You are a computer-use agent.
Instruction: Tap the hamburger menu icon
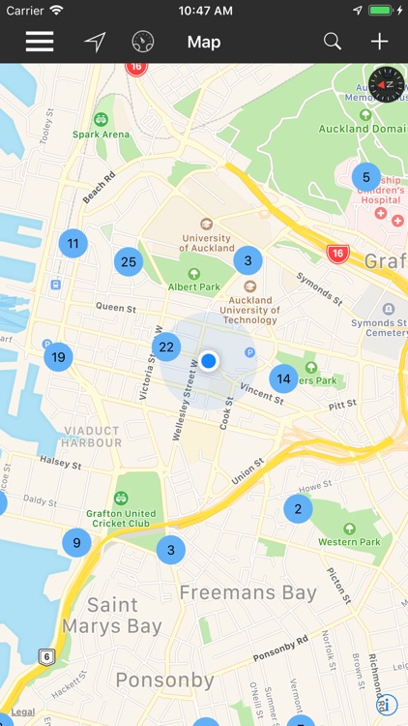40,42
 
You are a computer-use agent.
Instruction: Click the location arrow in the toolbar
95,42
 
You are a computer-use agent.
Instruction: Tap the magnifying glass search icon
333,42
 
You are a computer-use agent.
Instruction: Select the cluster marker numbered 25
128,261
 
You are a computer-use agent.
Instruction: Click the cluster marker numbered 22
166,347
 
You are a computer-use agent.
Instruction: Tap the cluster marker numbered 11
73,243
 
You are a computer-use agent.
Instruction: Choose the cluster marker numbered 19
58,357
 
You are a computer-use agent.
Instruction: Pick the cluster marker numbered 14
283,378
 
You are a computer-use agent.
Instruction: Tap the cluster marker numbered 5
365,177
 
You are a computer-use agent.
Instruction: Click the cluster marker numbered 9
76,543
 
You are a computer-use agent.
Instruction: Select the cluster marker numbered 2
298,509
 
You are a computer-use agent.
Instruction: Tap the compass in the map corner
385,84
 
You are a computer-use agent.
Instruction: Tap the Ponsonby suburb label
164,681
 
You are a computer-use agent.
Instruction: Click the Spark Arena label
102,134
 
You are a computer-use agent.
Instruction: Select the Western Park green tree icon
349,528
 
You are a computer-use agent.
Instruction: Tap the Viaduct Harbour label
92,437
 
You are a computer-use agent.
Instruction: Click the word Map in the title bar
204,42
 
